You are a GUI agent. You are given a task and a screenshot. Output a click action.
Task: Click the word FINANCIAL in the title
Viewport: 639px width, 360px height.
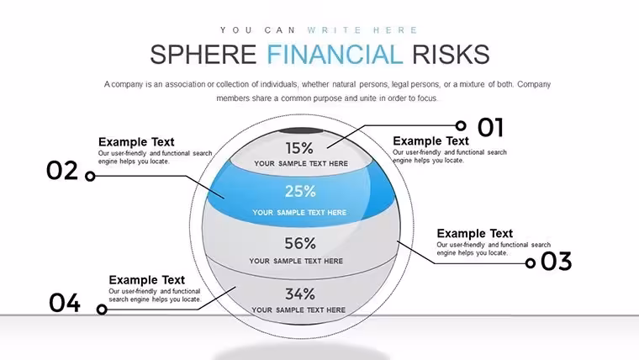point(335,55)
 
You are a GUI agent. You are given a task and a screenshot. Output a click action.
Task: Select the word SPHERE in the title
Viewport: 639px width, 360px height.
point(203,55)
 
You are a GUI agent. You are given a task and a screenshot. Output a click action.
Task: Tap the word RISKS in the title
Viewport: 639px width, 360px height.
point(451,55)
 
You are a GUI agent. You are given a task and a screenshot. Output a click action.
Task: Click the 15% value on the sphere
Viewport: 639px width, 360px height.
point(299,148)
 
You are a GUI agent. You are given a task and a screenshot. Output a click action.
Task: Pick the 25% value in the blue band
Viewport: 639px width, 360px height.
point(300,191)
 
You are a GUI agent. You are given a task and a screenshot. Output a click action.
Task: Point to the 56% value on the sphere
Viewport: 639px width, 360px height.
point(300,243)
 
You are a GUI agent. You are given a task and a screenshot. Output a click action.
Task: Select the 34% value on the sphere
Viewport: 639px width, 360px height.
point(300,294)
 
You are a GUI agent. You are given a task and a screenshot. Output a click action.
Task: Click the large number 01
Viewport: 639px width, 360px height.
point(491,128)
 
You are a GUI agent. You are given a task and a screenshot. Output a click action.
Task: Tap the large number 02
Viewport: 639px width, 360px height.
point(62,171)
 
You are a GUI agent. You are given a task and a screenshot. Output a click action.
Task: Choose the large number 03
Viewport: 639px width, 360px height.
point(557,262)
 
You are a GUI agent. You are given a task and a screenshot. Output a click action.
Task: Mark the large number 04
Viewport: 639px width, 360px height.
point(65,303)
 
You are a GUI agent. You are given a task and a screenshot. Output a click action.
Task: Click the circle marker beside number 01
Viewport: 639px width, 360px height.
point(461,125)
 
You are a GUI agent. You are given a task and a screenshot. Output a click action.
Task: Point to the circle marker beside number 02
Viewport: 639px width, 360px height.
point(90,176)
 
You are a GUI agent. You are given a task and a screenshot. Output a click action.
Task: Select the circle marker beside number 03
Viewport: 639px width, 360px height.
point(531,263)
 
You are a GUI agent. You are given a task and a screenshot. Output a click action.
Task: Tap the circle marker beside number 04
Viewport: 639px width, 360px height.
point(102,310)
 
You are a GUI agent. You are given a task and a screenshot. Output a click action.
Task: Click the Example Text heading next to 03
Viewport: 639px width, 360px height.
point(475,234)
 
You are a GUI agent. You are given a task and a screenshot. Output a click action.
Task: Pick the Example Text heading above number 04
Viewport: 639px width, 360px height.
point(146,280)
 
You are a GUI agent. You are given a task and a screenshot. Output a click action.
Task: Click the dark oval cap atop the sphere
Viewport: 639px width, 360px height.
point(301,131)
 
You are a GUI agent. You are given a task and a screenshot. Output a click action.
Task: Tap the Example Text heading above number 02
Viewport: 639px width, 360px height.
point(136,142)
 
